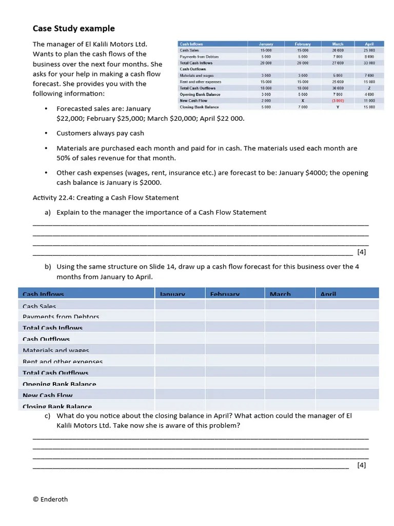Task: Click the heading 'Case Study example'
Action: click(73, 29)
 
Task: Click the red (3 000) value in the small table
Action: click(338, 101)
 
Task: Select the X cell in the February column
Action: click(303, 101)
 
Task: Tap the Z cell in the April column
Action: click(369, 88)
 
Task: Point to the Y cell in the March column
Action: click(338, 107)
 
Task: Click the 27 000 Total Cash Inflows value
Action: click(338, 63)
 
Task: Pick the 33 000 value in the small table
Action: click(369, 63)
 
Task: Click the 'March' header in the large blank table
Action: click(280, 294)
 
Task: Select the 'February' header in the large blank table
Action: click(225, 294)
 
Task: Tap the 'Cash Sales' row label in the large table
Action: click(40, 306)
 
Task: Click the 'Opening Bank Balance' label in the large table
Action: click(60, 384)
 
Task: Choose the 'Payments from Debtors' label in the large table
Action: click(61, 317)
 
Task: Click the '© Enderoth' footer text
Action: click(50, 499)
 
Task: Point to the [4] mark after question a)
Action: click(362, 252)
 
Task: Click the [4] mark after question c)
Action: click(362, 465)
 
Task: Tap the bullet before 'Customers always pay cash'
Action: click(46, 133)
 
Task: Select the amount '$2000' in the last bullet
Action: click(151, 183)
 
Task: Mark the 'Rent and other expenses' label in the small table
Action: click(200, 82)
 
